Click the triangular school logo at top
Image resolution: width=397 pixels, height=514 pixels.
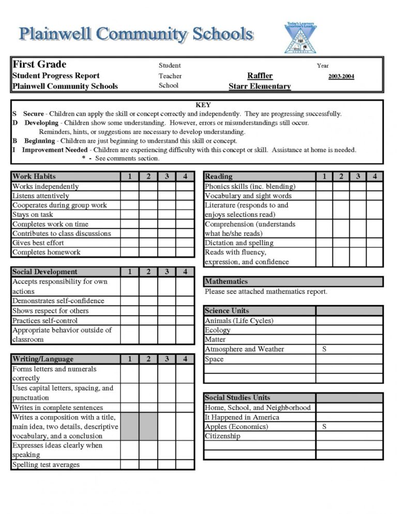point(300,38)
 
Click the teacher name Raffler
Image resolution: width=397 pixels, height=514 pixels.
point(259,76)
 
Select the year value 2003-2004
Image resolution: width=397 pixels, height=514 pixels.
point(341,77)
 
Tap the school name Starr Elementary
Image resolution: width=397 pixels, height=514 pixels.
point(259,86)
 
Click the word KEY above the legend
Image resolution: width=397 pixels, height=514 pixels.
point(203,105)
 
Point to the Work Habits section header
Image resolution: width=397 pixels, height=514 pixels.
point(34,176)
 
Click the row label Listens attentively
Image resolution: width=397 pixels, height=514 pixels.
point(41,196)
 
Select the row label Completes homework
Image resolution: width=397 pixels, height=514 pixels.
point(47,252)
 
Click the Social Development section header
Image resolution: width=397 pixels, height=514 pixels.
point(45,271)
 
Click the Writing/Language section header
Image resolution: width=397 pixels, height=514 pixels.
point(43,359)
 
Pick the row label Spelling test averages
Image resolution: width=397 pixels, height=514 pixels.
point(46,465)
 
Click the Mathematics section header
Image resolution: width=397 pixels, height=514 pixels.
point(226,282)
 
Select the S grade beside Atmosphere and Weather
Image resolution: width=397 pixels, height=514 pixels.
point(324,349)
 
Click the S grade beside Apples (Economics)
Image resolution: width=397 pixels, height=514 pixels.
point(324,427)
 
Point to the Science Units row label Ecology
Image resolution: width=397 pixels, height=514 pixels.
point(218,330)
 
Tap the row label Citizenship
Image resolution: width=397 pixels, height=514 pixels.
point(223,436)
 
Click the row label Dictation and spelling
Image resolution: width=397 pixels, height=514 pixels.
point(239,243)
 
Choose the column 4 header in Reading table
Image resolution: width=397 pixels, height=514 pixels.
point(375,176)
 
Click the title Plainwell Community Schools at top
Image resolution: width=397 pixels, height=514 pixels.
point(136,35)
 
